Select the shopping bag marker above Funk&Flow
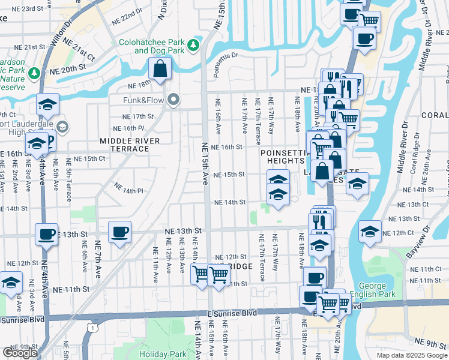coord(160,71)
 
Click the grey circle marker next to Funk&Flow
coord(174,100)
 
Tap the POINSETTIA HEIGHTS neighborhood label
coord(283,157)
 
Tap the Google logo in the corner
coord(19,353)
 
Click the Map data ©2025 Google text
coord(411,355)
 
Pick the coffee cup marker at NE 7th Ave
coord(119,232)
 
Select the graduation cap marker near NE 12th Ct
coord(369,231)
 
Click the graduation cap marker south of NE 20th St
coord(47,104)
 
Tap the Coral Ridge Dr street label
coord(414,161)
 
